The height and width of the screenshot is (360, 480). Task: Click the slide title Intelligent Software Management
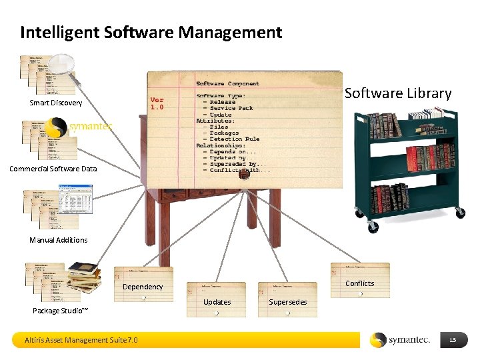click(151, 32)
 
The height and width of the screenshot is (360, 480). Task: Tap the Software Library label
click(397, 93)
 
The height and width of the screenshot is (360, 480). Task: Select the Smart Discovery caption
click(56, 103)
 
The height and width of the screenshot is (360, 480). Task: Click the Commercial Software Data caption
click(53, 169)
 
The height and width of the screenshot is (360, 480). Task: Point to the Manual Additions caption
click(58, 240)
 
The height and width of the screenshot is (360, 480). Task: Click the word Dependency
click(143, 287)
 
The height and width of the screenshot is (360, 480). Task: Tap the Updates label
click(217, 302)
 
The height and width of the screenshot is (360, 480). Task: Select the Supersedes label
click(288, 302)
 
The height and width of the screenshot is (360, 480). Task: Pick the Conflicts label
click(360, 283)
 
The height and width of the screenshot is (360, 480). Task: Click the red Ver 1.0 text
click(157, 103)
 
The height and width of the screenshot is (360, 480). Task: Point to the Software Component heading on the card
click(227, 84)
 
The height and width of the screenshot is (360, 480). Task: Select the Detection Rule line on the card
click(235, 139)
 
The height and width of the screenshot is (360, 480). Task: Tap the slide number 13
click(453, 341)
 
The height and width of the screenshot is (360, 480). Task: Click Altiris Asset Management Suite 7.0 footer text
click(81, 340)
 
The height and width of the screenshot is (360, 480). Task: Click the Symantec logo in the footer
click(400, 340)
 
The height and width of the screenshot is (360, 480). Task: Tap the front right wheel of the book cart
click(459, 213)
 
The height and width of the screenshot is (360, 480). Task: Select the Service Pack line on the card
click(232, 108)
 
